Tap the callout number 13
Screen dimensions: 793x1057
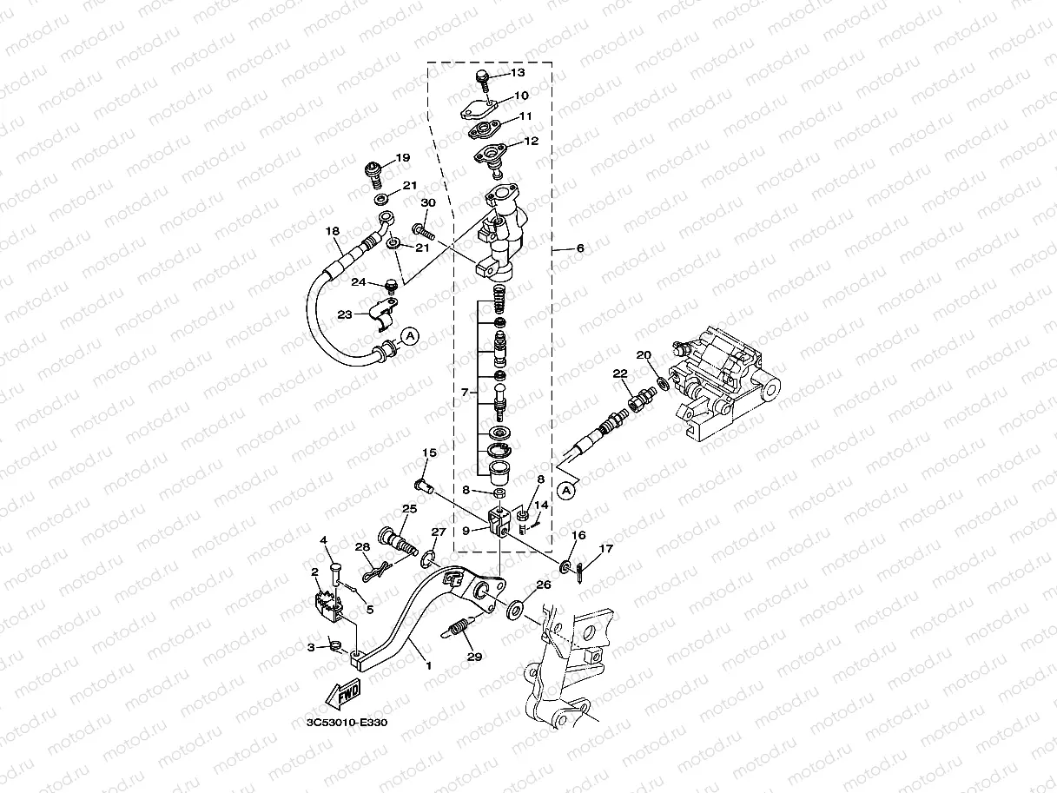[518, 74]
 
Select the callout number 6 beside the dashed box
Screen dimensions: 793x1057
[580, 248]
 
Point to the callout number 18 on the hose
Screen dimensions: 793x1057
[332, 231]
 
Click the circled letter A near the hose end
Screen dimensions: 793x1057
[411, 334]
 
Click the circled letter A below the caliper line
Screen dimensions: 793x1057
[566, 492]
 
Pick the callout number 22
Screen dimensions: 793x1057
[619, 373]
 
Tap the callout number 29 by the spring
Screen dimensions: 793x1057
[473, 657]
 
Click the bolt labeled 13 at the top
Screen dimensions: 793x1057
[482, 81]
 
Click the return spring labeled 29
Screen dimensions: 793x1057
[459, 625]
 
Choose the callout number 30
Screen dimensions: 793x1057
[427, 203]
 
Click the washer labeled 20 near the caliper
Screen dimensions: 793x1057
[663, 382]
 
